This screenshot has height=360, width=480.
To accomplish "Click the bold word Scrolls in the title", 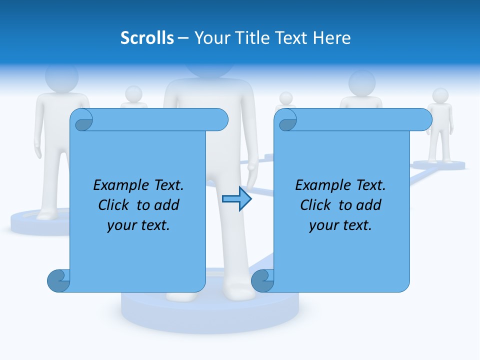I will click(147, 38).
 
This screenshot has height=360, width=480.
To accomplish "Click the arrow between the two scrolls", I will click(236, 199).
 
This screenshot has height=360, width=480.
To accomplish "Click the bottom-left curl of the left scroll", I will click(58, 281).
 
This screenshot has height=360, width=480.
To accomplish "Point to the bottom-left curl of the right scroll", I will click(262, 281).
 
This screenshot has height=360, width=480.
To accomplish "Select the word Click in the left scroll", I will click(109, 205).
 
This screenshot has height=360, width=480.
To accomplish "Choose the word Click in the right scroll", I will click(311, 205).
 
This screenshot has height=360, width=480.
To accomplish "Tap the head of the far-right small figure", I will click(440, 95).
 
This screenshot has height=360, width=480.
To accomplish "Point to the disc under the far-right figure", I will click(438, 164).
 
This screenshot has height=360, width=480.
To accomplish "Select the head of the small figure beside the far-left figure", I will click(133, 93).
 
